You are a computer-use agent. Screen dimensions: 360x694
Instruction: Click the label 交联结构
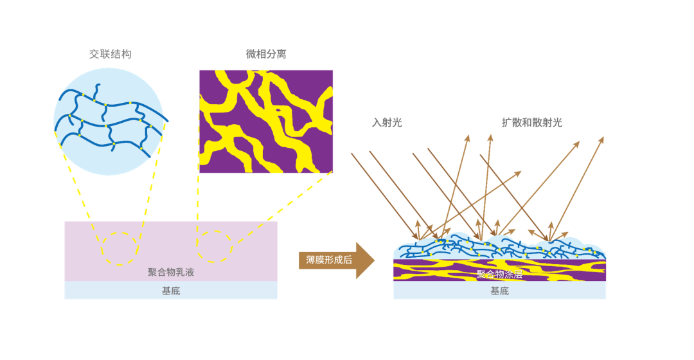pyautogui.click(x=110, y=55)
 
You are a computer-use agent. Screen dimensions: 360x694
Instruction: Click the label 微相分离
pyautogui.click(x=266, y=55)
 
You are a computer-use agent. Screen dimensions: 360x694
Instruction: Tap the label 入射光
pyautogui.click(x=387, y=123)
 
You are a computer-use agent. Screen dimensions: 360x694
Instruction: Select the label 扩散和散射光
pyautogui.click(x=531, y=123)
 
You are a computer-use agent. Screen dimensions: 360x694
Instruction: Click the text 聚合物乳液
pyautogui.click(x=171, y=272)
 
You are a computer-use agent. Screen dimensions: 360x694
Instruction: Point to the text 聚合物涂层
pyautogui.click(x=499, y=274)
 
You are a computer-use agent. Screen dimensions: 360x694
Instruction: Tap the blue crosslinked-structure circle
pyautogui.click(x=109, y=122)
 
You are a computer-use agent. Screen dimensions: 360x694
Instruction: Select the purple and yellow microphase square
pyautogui.click(x=266, y=121)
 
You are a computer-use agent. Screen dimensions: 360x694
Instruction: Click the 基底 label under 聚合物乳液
pyautogui.click(x=171, y=291)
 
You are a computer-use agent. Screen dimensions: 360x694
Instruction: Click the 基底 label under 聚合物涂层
pyautogui.click(x=499, y=291)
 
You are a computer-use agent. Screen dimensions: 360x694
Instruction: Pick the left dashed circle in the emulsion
pyautogui.click(x=119, y=248)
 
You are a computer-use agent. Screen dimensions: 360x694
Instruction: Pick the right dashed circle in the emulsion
pyautogui.click(x=214, y=247)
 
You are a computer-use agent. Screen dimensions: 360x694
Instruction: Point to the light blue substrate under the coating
pyautogui.click(x=450, y=291)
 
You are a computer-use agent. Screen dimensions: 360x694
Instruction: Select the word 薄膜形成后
pyautogui.click(x=329, y=260)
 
